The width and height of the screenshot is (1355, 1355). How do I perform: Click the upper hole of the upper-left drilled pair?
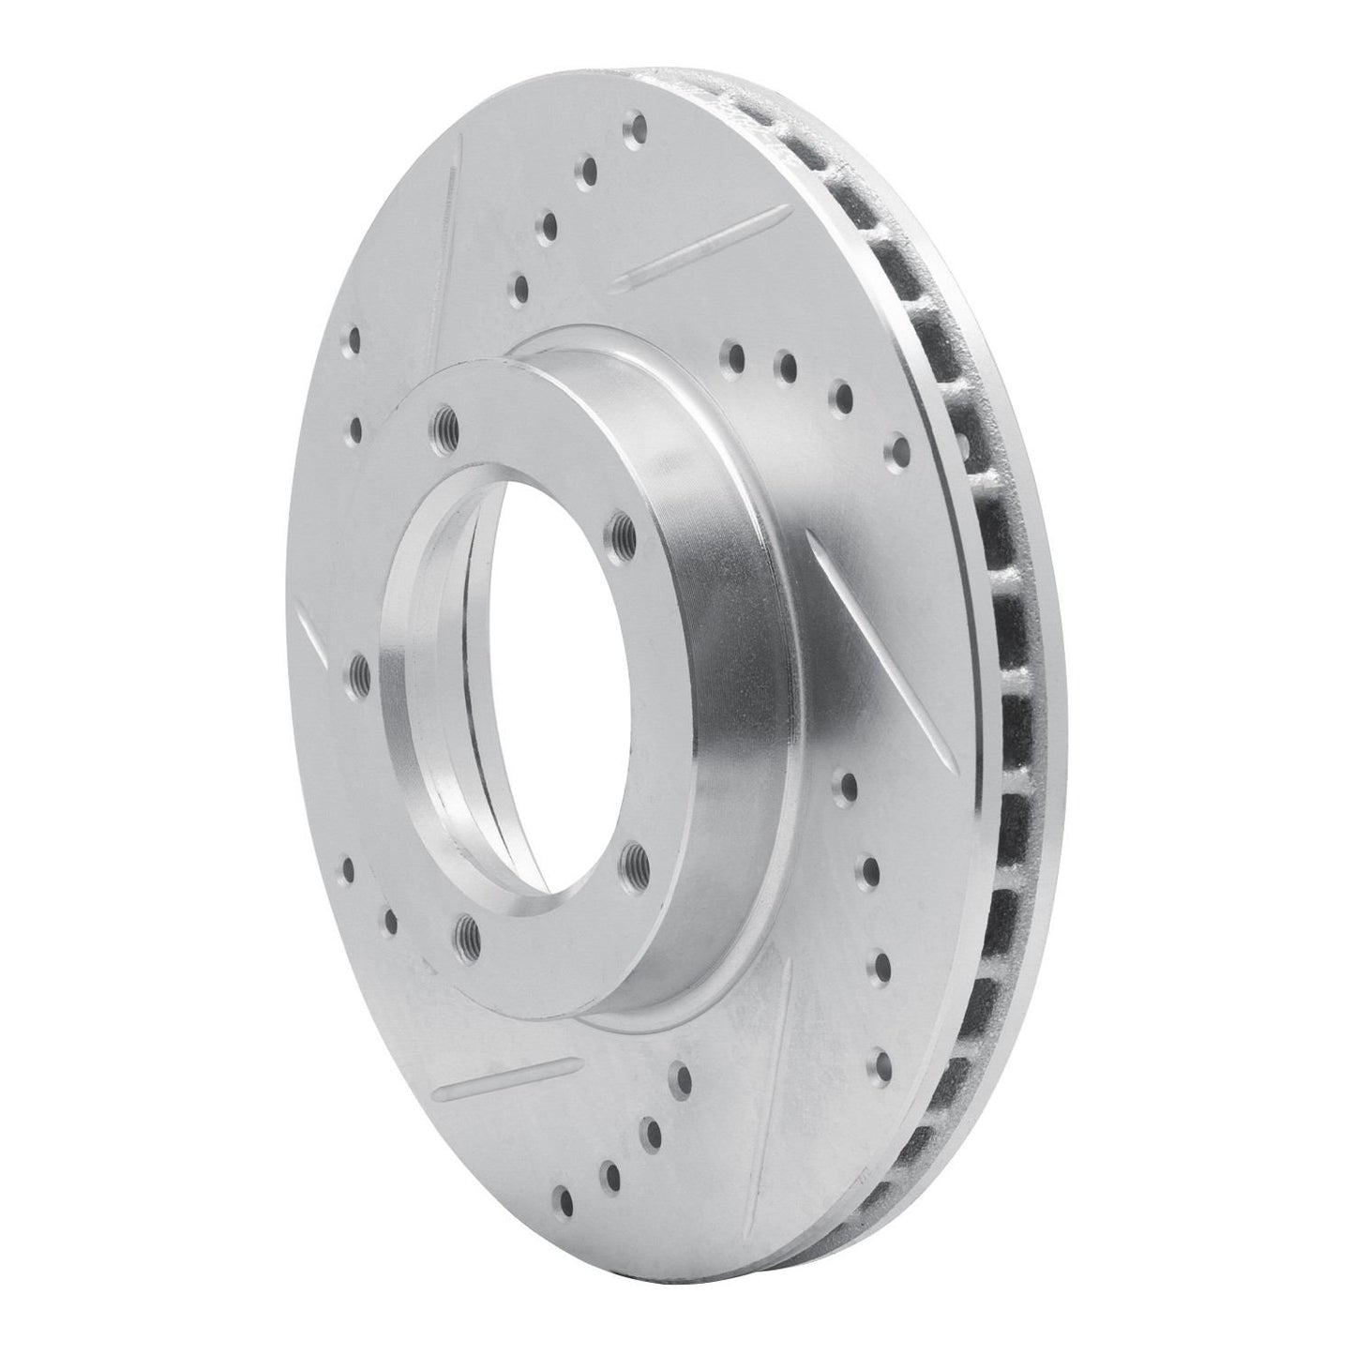pyautogui.click(x=354, y=339)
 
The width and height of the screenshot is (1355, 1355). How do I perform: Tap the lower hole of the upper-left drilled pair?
pyautogui.click(x=355, y=429)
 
